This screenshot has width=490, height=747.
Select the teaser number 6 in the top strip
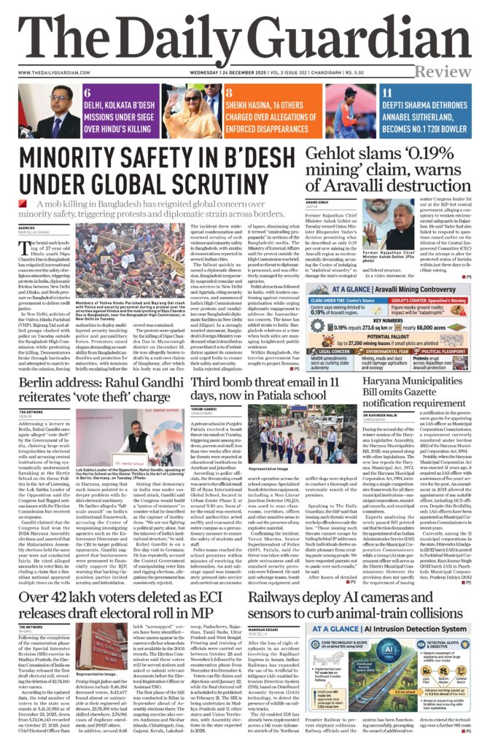coord(87,94)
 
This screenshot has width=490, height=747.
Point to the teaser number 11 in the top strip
coord(388,94)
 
